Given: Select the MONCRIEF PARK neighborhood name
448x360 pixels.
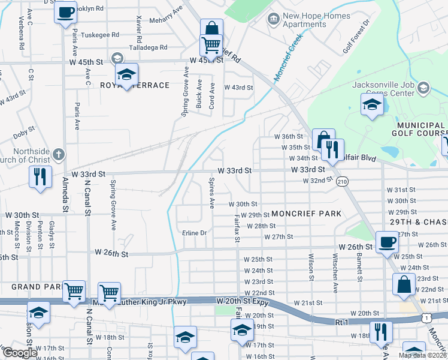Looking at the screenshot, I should [x=306, y=214].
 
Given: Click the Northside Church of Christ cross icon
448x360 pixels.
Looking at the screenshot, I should [x=58, y=155].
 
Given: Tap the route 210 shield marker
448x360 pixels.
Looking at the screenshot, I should [x=342, y=181].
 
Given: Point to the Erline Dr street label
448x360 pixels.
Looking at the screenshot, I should [x=194, y=233].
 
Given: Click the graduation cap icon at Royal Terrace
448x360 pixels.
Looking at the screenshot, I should [x=126, y=74].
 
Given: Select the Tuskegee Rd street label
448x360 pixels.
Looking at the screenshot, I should [x=99, y=35].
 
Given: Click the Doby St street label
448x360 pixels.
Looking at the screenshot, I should [x=24, y=130].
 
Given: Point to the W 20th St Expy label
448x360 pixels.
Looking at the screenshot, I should [x=245, y=300].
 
